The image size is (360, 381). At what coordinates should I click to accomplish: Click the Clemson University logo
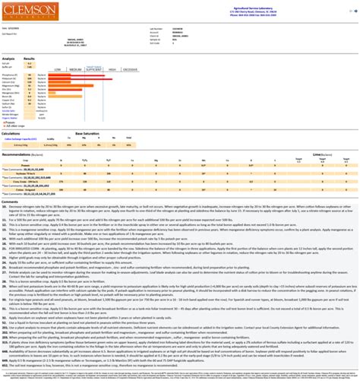click(19, 9)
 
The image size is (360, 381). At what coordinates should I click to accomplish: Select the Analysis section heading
click(8, 58)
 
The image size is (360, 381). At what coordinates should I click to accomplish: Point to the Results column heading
click(30, 58)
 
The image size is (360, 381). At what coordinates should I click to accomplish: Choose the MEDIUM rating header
click(75, 70)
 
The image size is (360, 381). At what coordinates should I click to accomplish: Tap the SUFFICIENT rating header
click(93, 70)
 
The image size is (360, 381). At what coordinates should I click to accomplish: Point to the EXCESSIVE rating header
click(131, 70)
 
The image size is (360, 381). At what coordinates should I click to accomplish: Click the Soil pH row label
click(8, 63)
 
